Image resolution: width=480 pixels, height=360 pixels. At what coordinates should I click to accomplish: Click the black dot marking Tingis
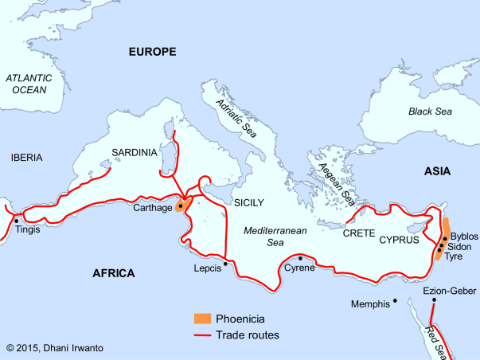coord(16,219)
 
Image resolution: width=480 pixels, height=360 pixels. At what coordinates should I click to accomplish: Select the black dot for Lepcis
coord(225,263)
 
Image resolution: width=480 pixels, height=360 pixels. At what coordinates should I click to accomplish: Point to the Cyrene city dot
coord(299,258)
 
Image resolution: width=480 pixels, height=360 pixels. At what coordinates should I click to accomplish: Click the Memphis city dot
coord(395,301)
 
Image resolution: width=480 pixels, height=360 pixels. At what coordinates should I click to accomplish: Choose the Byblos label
coord(464,237)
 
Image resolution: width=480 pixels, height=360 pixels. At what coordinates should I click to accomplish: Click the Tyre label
coord(454,257)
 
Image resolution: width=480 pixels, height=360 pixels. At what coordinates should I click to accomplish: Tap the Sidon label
coord(460,247)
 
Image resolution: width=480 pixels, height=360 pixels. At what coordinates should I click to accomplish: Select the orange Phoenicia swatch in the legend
coord(204,319)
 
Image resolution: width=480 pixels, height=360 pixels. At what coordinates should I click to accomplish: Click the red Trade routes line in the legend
coord(204,335)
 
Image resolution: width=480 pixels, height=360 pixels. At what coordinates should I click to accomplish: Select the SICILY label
coord(248,202)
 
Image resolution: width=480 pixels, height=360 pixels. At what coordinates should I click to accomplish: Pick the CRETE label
coord(358,233)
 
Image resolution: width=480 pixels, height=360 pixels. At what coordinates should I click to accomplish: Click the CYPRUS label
coord(399,238)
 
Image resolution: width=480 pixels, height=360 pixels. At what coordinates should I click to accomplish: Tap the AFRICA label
coord(114,273)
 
